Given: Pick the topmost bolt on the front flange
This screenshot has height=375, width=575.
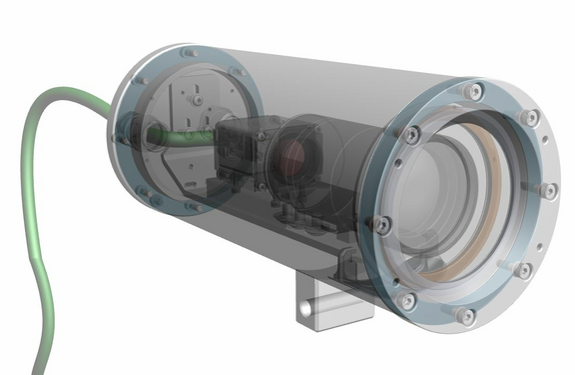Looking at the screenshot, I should click(x=473, y=93).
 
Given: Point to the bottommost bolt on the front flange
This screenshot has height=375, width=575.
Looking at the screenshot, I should click(x=464, y=315).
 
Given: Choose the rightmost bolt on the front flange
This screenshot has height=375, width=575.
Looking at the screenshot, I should click(x=547, y=190).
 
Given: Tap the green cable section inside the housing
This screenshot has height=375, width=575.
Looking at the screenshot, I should click(x=185, y=135).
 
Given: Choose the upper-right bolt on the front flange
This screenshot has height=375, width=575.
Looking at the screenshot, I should click(x=530, y=118).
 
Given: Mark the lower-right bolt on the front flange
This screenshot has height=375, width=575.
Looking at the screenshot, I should click(x=524, y=270).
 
